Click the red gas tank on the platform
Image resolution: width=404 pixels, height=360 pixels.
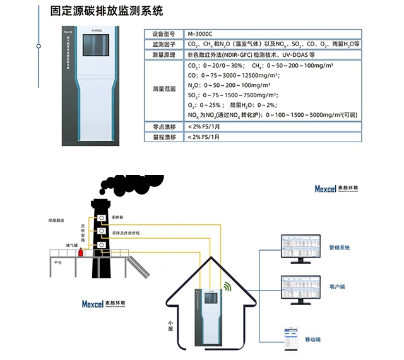pyautogui.click(x=80, y=253)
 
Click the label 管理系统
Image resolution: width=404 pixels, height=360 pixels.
pyautogui.click(x=340, y=248)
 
